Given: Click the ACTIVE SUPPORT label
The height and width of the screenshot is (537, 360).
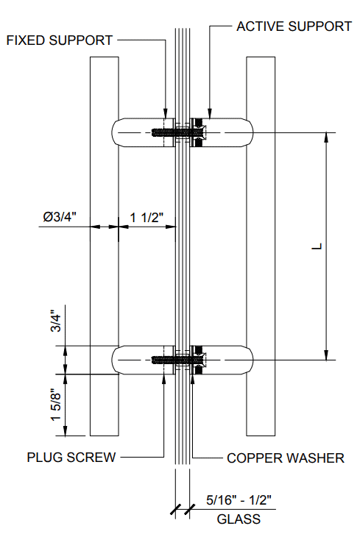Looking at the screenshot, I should coord(294,26).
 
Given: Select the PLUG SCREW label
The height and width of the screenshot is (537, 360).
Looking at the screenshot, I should coord(71,458).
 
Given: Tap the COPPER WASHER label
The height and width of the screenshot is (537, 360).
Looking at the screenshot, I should coord(285,458).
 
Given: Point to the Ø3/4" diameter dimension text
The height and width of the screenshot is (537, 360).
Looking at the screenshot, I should coord(65,217).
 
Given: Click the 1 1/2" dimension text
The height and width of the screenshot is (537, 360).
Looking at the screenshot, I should coord(146,217).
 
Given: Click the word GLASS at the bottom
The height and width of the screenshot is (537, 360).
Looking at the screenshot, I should coord(238,519).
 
